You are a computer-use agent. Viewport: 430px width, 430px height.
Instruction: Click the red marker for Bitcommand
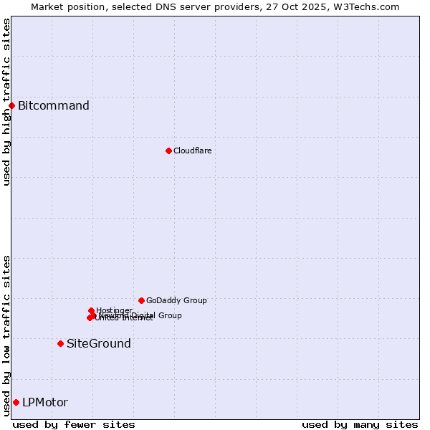[x=11, y=106]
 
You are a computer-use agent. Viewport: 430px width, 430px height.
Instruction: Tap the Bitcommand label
[x=54, y=106]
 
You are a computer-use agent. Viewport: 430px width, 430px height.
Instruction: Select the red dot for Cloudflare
[x=168, y=150]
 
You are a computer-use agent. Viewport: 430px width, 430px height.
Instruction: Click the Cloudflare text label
[x=192, y=150]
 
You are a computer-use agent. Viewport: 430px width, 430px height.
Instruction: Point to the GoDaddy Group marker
[x=141, y=300]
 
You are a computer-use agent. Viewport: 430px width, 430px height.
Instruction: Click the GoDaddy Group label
[x=176, y=300]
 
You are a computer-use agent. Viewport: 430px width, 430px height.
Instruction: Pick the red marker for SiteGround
[x=60, y=343]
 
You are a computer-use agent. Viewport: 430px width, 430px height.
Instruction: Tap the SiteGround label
[x=99, y=344]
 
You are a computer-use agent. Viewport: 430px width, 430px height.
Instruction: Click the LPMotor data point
[x=16, y=402]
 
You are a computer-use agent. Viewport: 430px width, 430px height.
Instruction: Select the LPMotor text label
[x=45, y=403]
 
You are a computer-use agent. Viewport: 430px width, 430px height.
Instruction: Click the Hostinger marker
[x=91, y=310]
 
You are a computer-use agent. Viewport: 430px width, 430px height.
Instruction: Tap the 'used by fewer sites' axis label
[x=74, y=424]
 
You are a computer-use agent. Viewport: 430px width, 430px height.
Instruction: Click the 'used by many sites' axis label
[x=360, y=424]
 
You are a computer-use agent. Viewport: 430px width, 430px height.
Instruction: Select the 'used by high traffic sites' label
[x=6, y=102]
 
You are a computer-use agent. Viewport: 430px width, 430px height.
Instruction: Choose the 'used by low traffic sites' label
[x=6, y=335]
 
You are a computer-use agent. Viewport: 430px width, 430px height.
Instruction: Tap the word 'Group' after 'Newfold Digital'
[x=169, y=315]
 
